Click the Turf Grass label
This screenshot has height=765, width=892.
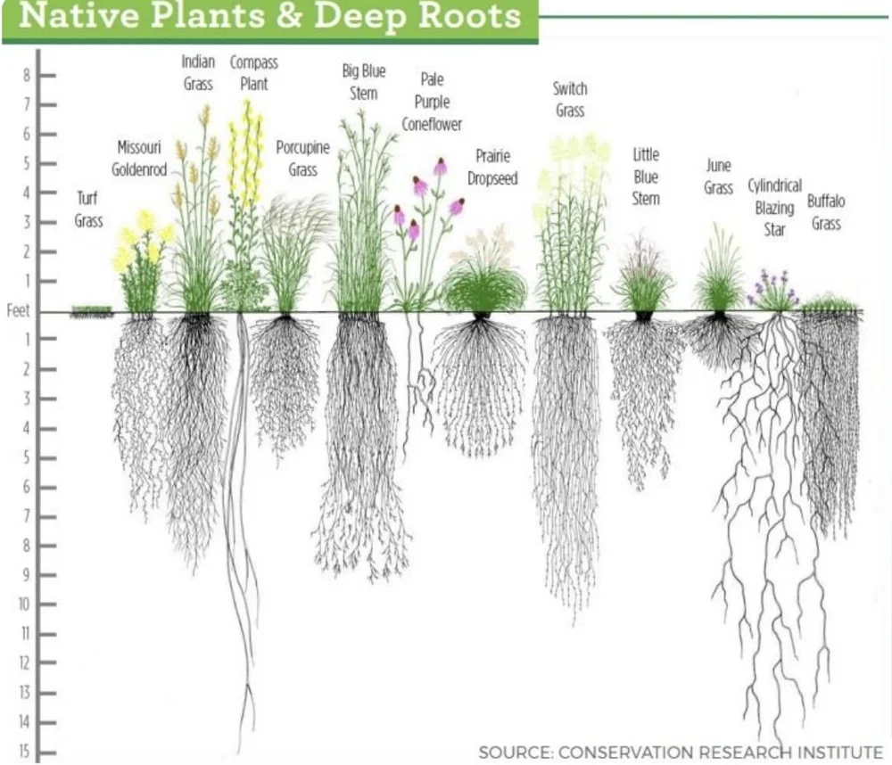pos(88,209)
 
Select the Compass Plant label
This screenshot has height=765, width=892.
pos(254,73)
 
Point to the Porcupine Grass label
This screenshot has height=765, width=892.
pos(302,158)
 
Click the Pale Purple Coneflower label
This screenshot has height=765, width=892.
pos(432,102)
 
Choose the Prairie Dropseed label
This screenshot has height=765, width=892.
pos(492,168)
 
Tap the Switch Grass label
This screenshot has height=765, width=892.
pos(570,99)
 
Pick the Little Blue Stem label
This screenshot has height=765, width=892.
pos(646,177)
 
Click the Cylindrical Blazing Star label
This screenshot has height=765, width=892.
pos(774,208)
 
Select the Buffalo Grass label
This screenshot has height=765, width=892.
pos(826,212)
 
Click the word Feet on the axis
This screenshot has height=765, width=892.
pos(19,312)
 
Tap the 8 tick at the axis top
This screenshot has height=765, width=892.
pos(26,76)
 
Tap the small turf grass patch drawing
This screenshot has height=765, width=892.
pos(92,312)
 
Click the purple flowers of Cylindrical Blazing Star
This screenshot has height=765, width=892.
pos(772,286)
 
